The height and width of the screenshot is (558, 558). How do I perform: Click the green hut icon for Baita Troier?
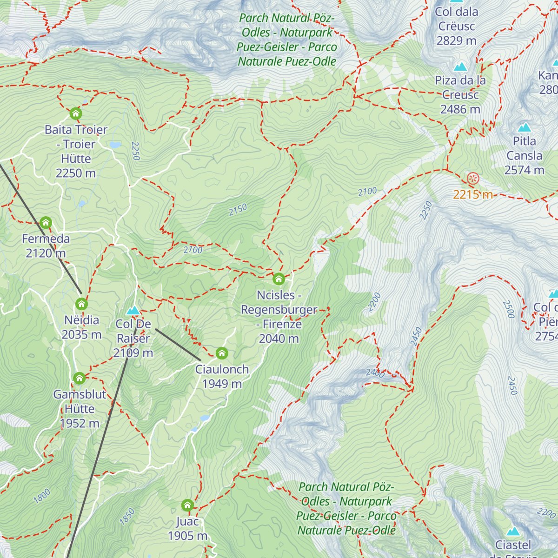(76, 113)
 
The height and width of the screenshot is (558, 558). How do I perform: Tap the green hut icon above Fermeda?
(46, 222)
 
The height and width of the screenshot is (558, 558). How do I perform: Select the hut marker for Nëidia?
(82, 304)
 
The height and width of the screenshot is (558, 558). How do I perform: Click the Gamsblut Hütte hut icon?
(80, 378)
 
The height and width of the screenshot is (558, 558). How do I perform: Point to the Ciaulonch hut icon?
(222, 353)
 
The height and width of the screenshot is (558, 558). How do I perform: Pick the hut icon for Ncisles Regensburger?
(279, 279)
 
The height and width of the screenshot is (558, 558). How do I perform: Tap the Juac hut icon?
(187, 505)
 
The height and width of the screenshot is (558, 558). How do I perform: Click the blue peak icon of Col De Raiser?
(133, 310)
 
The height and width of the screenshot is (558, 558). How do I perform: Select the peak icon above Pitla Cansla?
(525, 127)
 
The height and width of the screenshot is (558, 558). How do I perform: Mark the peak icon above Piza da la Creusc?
(460, 66)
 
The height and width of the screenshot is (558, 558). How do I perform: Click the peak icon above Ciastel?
(513, 531)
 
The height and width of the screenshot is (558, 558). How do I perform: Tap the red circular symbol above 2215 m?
(473, 178)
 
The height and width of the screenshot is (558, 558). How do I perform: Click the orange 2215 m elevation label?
(473, 194)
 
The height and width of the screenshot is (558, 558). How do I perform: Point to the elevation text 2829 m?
(456, 41)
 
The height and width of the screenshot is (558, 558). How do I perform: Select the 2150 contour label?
(238, 210)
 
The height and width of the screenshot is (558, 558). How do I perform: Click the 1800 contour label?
(42, 496)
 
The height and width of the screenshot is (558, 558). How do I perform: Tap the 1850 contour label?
(127, 517)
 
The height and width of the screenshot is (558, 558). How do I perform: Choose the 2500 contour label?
(508, 309)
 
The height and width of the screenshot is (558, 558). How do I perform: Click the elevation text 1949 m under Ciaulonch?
(222, 384)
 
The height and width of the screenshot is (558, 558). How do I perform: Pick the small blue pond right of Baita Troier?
(114, 145)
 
